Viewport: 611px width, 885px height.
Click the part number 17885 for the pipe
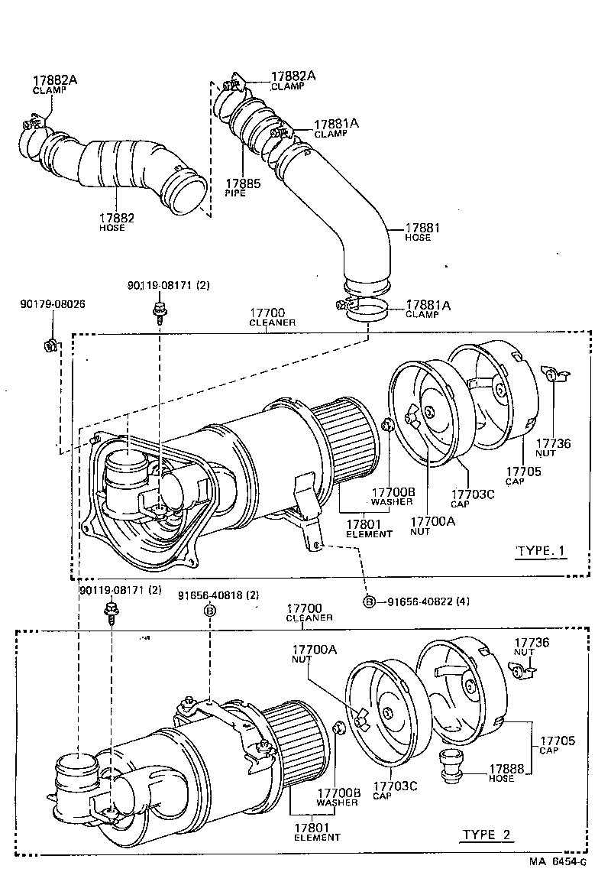pyautogui.click(x=242, y=184)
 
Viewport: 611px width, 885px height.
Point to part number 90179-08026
pyautogui.click(x=52, y=304)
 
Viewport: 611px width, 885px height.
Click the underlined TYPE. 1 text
pyautogui.click(x=541, y=551)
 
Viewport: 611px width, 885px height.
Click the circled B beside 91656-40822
pyautogui.click(x=369, y=601)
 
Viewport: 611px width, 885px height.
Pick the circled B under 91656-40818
pyautogui.click(x=209, y=610)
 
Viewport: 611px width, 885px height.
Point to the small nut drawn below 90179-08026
pyautogui.click(x=50, y=345)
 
